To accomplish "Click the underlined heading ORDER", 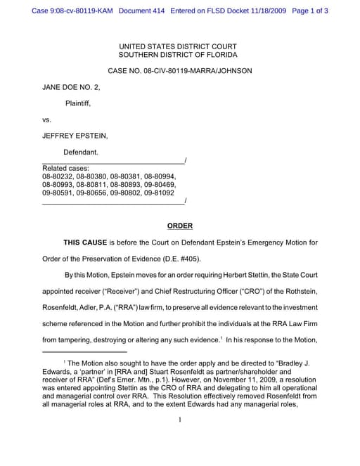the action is point(179,226).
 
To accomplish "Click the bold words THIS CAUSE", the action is point(86,242).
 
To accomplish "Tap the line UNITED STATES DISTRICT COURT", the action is point(178,46).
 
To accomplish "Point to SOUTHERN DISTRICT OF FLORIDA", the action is point(178,55).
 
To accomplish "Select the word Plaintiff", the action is point(77,103).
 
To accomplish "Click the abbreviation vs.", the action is point(47,119).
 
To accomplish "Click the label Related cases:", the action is point(65,168).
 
